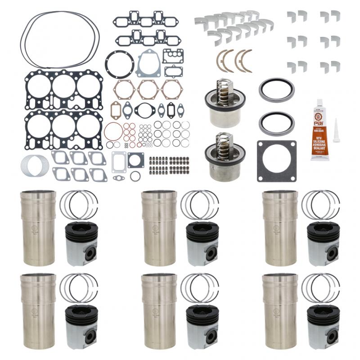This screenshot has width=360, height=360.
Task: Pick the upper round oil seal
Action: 277,90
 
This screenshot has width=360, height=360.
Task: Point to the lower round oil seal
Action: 277,124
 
